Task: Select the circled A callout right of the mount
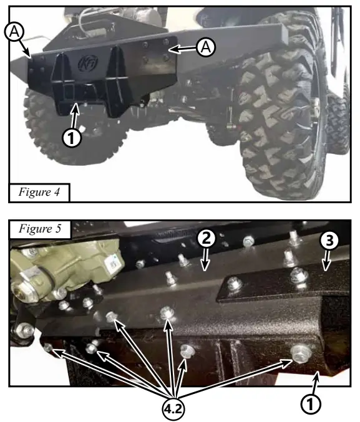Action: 205,46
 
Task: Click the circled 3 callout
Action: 329,241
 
